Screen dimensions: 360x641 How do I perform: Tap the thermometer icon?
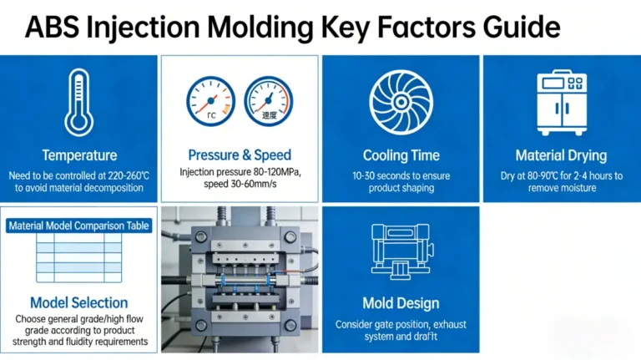(79, 102)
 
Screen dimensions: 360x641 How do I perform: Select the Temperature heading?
(79, 155)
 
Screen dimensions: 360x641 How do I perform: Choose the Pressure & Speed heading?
(240, 155)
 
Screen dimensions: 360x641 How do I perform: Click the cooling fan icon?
(401, 100)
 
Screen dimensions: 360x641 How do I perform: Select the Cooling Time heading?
(401, 155)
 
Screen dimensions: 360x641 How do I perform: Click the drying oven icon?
(561, 100)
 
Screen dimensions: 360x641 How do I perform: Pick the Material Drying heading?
(561, 155)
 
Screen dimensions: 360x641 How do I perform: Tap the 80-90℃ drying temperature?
(541, 175)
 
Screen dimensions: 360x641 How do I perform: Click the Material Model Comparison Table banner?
(79, 226)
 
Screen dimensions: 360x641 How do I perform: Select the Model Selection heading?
(79, 302)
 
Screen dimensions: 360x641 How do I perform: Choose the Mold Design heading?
(401, 302)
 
